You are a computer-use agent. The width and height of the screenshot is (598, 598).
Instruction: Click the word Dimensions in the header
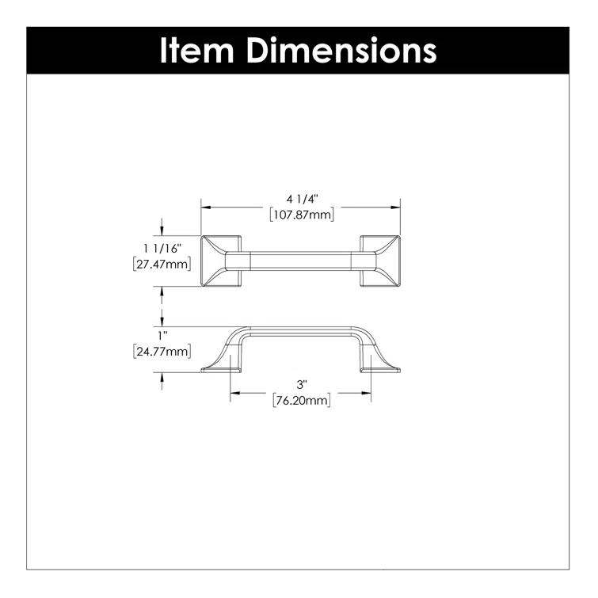(341, 50)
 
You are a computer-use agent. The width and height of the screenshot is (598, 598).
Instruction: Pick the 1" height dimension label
(162, 336)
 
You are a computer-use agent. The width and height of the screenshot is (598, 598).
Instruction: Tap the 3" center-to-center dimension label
(301, 387)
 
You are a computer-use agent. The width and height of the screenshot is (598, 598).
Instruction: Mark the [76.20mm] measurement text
(301, 401)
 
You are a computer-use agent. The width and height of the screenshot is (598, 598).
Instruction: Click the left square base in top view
(219, 262)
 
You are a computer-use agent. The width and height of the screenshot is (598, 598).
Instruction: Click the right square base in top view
(380, 262)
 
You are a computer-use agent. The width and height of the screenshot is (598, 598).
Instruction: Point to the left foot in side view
(221, 365)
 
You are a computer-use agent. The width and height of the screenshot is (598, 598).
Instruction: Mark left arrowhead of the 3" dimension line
(233, 394)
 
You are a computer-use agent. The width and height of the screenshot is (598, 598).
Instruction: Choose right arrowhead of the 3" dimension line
(369, 394)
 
